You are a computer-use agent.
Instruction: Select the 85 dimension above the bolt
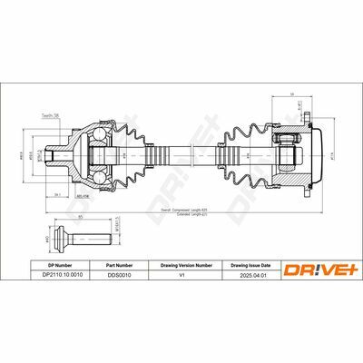pos(81,219)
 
